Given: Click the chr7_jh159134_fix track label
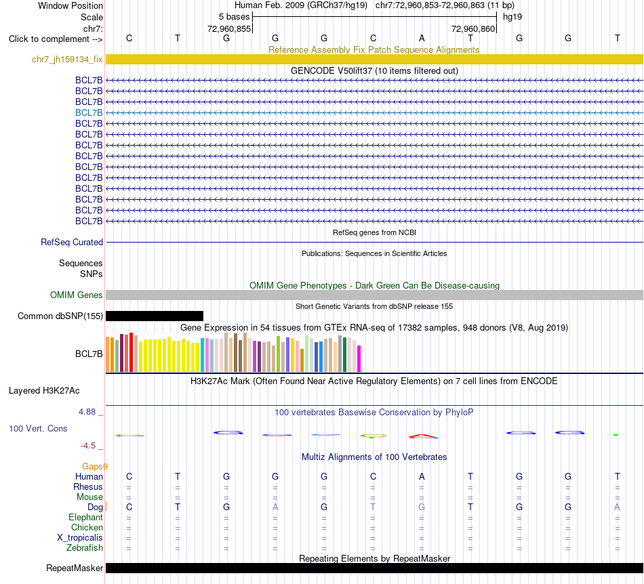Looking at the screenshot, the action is pos(67,60).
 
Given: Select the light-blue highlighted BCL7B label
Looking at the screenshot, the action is pos(89,113).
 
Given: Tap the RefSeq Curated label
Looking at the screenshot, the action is pos(72,242).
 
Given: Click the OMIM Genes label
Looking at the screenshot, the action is pos(77,295).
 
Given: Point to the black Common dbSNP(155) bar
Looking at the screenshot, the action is pos(155,316).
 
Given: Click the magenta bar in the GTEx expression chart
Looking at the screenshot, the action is pos(359,358).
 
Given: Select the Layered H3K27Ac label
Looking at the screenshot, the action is pos(44,391).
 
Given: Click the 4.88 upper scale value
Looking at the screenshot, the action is pos(87,412).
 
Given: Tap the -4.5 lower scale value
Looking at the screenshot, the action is pos(88,446).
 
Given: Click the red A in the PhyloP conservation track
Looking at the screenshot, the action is pos(423,436).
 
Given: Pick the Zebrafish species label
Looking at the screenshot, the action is pos(85,548).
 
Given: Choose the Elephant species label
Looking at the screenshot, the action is pos(85,518).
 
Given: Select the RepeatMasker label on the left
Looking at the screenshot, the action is pos(75,568).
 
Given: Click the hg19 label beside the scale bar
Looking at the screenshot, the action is pos(512,17).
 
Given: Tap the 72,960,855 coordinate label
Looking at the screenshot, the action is pos(229,28).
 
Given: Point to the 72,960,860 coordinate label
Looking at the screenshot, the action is pos(473,28).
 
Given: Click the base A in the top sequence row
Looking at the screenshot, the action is pos(422,38).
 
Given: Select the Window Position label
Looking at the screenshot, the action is pos(71,5).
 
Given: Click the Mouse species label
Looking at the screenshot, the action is pos(89,497).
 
